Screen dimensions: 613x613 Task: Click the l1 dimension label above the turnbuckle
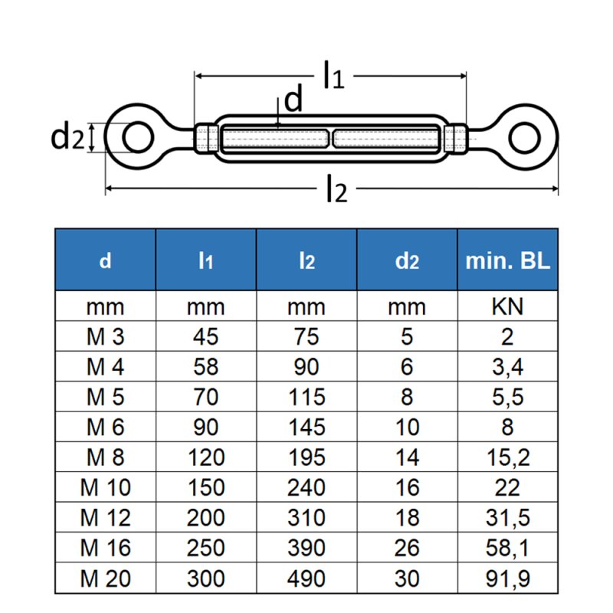333,75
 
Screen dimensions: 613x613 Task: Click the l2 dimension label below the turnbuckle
336,188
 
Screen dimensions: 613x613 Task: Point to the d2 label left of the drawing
67,136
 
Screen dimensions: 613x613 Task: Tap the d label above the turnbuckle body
293,98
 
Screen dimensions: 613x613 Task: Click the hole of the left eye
138,137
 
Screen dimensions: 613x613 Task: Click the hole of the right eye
525,137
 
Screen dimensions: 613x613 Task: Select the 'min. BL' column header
507,260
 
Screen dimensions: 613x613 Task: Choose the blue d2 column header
407,261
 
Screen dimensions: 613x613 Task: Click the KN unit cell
507,306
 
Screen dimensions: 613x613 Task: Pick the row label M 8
105,457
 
